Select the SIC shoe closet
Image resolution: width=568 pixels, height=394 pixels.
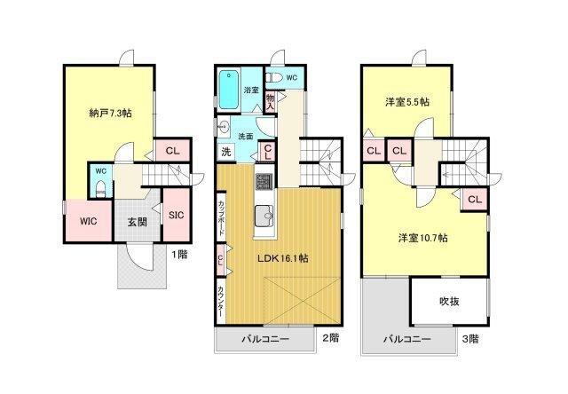click(x=175, y=214)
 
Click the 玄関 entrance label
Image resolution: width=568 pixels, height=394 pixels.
click(x=137, y=222)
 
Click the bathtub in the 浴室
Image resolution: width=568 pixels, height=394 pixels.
click(x=229, y=88)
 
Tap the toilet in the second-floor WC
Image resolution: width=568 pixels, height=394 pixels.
click(x=276, y=79)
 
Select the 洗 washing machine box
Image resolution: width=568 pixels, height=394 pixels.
click(x=226, y=150)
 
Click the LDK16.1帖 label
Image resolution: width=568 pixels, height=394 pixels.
click(x=282, y=258)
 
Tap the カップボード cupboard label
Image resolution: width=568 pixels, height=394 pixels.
click(x=221, y=217)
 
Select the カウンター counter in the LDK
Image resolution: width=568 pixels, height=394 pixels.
click(x=221, y=297)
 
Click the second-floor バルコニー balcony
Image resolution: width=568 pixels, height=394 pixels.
click(x=264, y=340)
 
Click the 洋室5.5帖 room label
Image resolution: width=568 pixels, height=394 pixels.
click(x=409, y=101)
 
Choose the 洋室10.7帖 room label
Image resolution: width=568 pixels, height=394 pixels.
click(x=422, y=238)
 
